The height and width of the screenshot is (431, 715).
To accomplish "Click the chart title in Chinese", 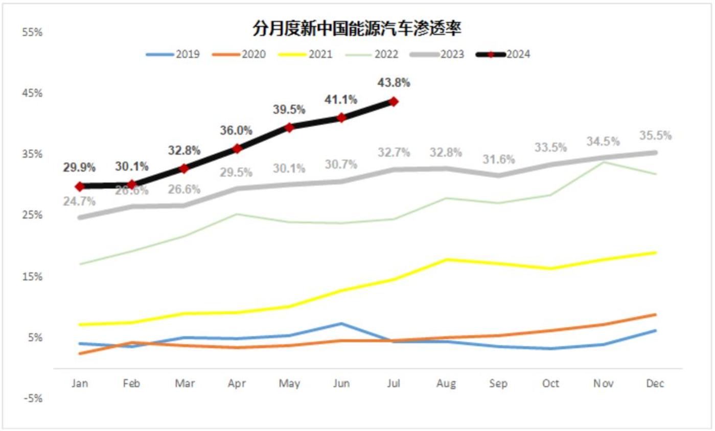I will [357, 29].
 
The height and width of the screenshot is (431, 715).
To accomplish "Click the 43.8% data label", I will [394, 82].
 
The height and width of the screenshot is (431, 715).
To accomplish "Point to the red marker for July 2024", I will [394, 102].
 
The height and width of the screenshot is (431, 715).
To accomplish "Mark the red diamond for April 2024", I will [237, 149].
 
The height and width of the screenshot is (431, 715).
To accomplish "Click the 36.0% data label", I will [237, 130].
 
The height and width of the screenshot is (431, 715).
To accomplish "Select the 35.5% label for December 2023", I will [656, 136].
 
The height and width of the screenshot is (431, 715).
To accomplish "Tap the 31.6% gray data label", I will [498, 159].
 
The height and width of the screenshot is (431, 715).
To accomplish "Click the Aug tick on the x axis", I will [446, 384].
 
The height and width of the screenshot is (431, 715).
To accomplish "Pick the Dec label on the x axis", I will [655, 384].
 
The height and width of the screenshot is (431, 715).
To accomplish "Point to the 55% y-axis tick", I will [33, 32].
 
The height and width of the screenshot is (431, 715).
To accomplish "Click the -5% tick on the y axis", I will [33, 398].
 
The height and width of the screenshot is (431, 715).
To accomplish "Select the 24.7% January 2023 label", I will [79, 201].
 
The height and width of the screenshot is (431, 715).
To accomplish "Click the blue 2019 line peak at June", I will [341, 323].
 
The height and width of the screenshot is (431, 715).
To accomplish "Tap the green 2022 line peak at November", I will [604, 162].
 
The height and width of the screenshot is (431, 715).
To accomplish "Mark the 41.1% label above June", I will [341, 99].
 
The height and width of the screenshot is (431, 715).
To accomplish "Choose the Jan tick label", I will [79, 384].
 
